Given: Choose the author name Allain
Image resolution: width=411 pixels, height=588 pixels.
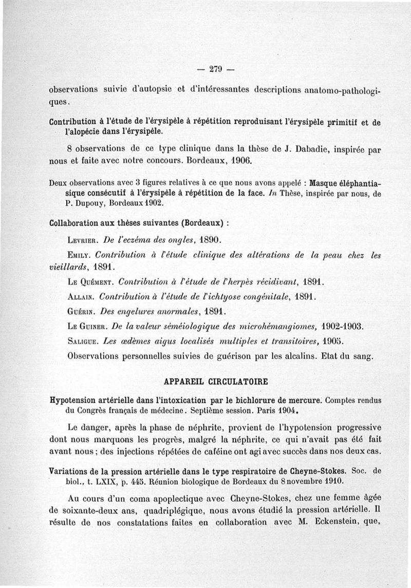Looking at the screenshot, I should (81, 297).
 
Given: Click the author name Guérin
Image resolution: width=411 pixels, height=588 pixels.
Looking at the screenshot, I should (81, 311).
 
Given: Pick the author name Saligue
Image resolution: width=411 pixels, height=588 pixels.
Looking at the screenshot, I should (84, 340).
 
